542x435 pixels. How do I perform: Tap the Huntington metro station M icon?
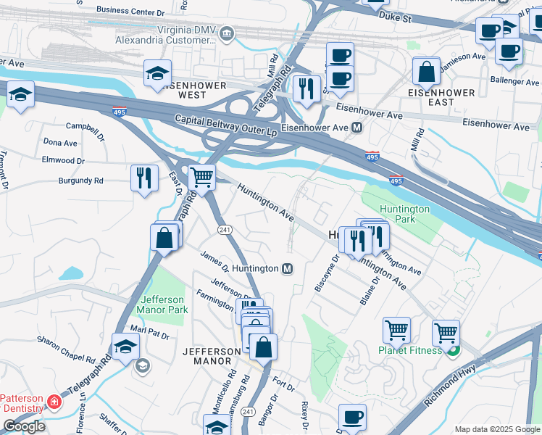coord(288,269)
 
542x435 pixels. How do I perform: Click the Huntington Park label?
coord(405,214)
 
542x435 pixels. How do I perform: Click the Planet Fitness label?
coord(409,351)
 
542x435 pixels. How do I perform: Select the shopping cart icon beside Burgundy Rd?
coord(201,176)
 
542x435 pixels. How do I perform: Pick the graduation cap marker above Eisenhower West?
coord(157,74)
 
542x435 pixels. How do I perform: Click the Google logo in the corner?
coord(25,426)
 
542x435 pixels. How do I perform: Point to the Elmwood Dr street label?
coord(64,160)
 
